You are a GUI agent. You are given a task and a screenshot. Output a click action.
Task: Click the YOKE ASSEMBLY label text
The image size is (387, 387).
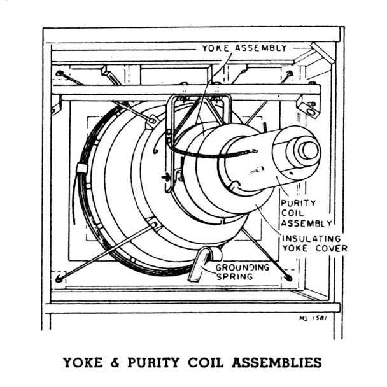click(x=244, y=48)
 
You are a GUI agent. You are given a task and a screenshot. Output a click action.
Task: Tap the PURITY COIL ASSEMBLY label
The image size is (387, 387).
click(x=306, y=213)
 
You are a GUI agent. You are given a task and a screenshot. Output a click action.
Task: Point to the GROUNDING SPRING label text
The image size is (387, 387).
click(x=242, y=272)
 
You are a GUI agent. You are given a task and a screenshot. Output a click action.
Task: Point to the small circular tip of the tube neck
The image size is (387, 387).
click(x=309, y=150)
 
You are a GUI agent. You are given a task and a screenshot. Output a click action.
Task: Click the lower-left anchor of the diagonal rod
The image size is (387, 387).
click(x=59, y=278)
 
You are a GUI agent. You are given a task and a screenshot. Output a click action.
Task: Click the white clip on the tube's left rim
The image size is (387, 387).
click(x=81, y=169)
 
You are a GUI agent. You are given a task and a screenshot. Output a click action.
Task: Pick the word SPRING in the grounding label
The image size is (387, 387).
click(x=243, y=278)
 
